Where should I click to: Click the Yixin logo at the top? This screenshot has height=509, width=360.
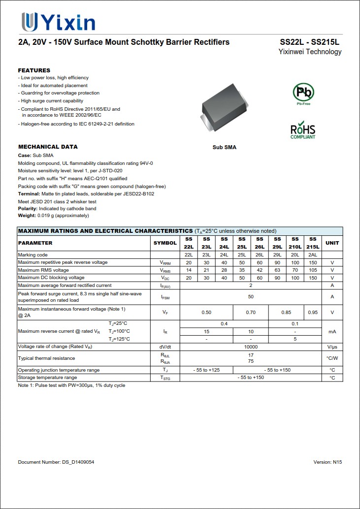58,22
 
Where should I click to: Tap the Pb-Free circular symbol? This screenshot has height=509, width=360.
303,93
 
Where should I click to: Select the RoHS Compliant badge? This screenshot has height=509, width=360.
303,130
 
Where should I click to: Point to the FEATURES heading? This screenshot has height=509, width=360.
34,70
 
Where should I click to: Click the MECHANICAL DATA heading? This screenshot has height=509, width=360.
48,147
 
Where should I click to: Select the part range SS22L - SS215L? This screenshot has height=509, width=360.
310,42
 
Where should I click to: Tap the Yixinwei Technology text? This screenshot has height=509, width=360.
310,52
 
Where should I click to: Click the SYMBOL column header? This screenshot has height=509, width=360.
165,243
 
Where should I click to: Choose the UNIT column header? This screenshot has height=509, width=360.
332,243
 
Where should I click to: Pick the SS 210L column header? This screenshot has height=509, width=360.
295,243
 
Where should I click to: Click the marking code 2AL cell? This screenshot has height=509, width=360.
313,255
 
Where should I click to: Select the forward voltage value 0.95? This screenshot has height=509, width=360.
313,313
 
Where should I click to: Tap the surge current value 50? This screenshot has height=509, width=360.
251,297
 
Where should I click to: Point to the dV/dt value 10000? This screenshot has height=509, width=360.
251,347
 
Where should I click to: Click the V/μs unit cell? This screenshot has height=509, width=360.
332,347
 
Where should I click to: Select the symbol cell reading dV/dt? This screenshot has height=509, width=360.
165,347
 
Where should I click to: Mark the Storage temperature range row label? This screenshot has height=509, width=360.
47,378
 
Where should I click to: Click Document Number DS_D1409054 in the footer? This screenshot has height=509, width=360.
56,462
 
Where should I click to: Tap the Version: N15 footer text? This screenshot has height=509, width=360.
327,462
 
